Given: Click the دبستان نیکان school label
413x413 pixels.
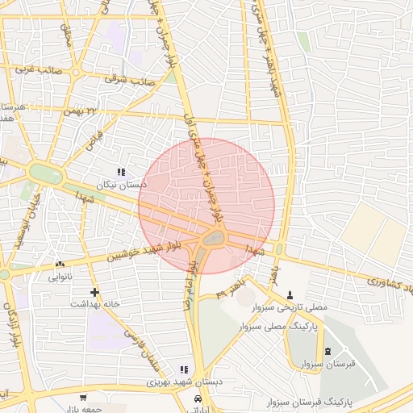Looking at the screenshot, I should tap(122, 185).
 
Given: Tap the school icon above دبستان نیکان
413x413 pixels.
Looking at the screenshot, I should tap(121, 172).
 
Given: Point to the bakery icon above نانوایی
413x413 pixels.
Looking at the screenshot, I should tap(60, 264).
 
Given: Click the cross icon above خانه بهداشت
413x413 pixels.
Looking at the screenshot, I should tap(95, 291).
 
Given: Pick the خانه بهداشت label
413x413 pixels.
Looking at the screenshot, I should tap(95, 304).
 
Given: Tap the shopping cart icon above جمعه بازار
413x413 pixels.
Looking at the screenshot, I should tap(83, 398).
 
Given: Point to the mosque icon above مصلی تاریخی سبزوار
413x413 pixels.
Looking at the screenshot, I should tap(290, 294).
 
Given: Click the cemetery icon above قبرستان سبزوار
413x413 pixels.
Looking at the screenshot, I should tap(327, 351).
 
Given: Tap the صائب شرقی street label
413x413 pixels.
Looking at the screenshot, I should tap(130, 80).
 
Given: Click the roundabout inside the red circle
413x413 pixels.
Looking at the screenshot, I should tap(214, 238).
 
